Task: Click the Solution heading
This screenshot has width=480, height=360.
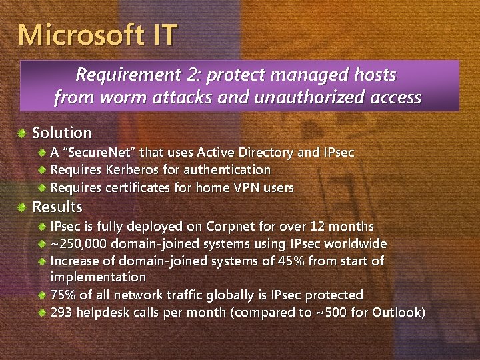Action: [x=62, y=133]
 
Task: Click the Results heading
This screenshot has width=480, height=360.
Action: [x=57, y=207]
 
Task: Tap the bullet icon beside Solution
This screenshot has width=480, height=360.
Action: [x=23, y=133]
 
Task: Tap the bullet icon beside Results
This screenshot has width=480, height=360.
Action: [x=23, y=207]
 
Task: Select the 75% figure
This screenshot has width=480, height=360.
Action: [x=63, y=295]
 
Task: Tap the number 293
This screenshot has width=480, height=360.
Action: [x=63, y=312]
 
